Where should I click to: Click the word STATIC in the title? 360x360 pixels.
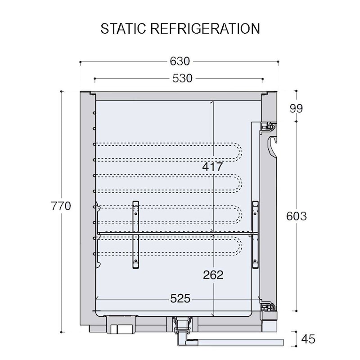pos(123,28)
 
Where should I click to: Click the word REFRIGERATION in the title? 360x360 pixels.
pos(205,28)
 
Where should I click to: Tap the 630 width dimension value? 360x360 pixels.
pos(180,61)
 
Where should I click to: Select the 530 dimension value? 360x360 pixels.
pos(182,78)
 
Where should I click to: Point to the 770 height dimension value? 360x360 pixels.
pos(61,206)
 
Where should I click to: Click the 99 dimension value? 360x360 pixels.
pos(296,108)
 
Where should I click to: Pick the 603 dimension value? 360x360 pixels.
pos(297,216)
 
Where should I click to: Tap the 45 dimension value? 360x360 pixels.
pos(308,339)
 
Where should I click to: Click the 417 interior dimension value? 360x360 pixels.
pos(212,166)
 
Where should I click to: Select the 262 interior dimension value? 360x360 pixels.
pos(213,275)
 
